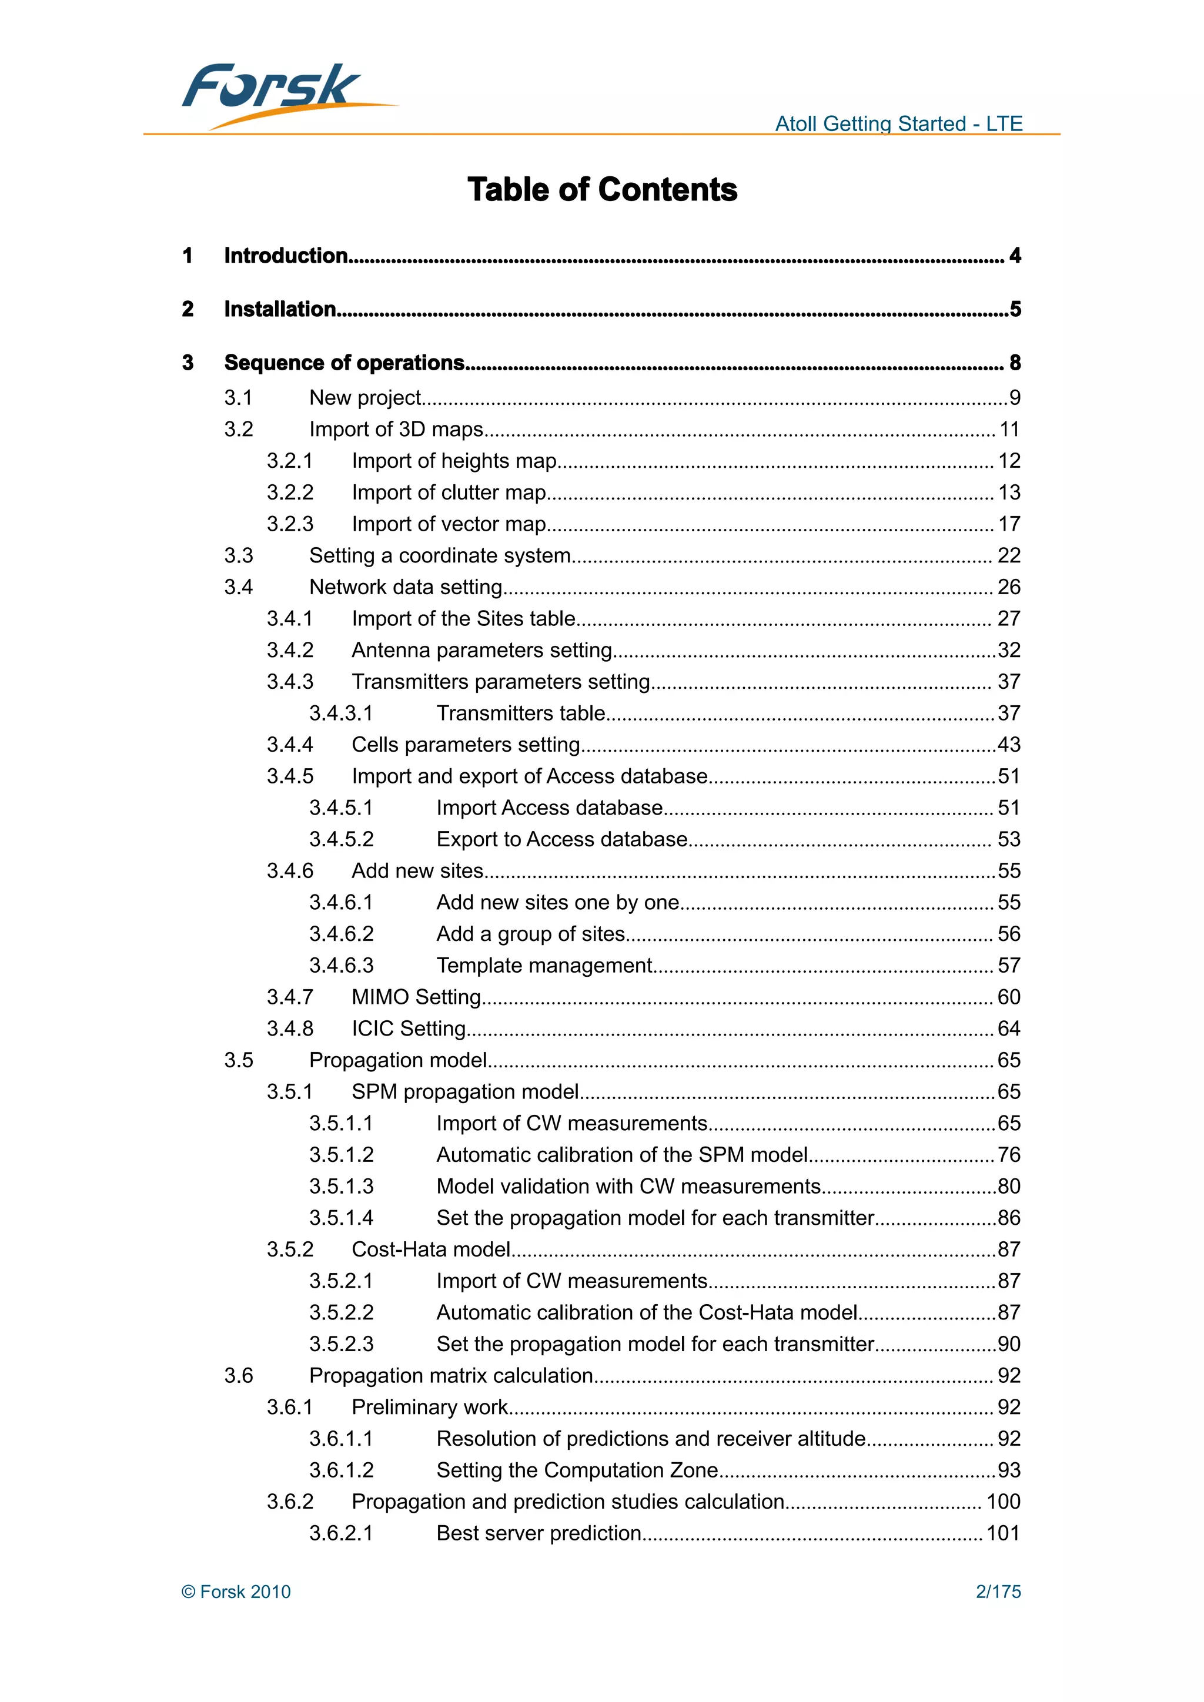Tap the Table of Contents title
coord(602,190)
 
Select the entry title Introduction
coord(286,256)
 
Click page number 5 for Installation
coord(1015,309)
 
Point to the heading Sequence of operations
coord(344,363)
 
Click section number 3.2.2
coord(290,492)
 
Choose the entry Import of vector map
coord(449,524)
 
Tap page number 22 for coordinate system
coord(1008,555)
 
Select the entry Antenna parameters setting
coord(482,650)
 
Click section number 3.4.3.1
coord(341,713)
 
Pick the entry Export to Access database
coord(561,839)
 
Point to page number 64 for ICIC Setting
coord(1008,1028)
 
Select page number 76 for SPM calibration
coord(1008,1154)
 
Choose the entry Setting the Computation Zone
coord(577,1470)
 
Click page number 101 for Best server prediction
coord(1002,1533)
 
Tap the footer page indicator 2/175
coord(998,1592)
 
